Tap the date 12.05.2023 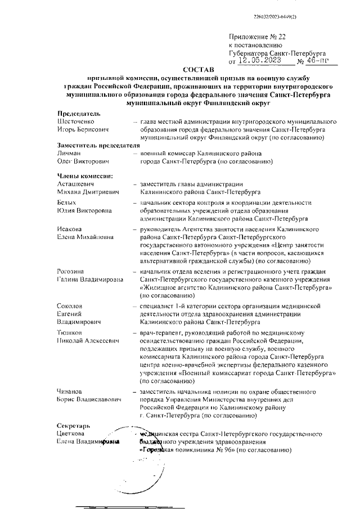pyautogui.click(x=260, y=60)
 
